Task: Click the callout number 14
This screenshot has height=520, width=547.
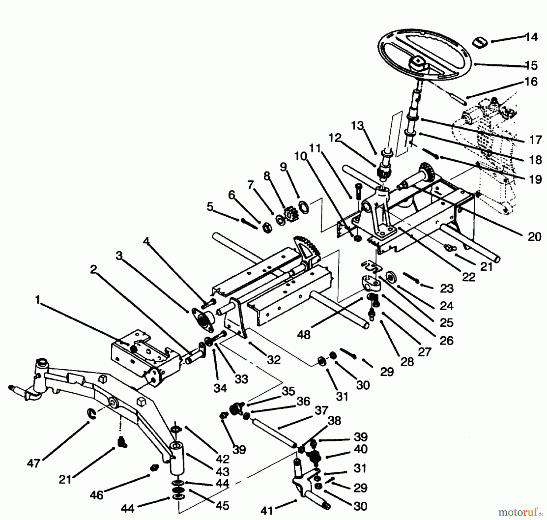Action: [x=532, y=37]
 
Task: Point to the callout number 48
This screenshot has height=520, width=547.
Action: [x=304, y=335]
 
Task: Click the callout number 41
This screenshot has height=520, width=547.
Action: [x=267, y=511]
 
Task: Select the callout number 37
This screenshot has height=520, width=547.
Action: [x=321, y=410]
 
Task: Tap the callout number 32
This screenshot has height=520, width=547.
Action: [x=273, y=360]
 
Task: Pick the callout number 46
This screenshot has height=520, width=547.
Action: [x=96, y=495]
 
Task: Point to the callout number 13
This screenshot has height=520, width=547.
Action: [x=357, y=126]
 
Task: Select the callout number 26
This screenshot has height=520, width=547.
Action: [x=446, y=340]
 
